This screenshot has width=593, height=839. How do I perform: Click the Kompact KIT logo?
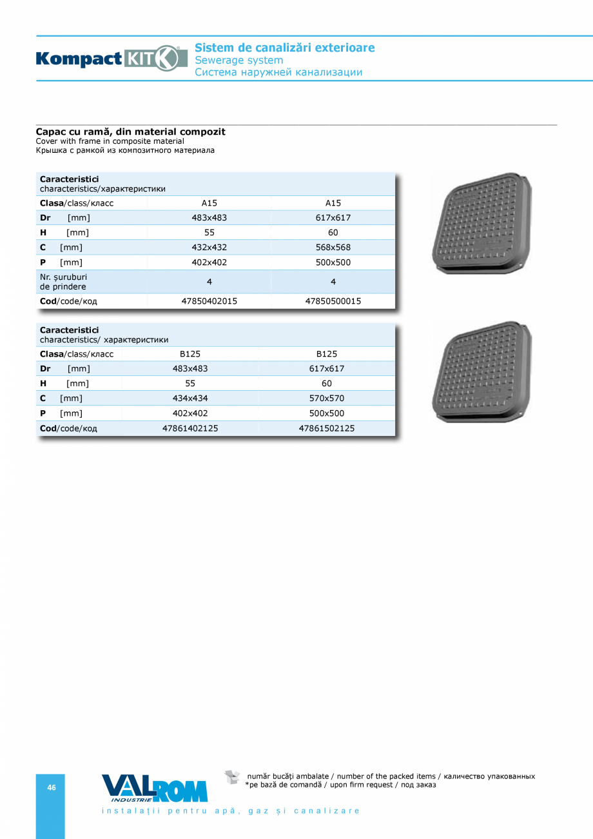(x=108, y=59)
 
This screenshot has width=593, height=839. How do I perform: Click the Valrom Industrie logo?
(x=155, y=788)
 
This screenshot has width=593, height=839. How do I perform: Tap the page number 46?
(x=52, y=787)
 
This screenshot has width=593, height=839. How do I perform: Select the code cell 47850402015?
(x=209, y=301)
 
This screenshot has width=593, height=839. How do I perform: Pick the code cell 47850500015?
(x=333, y=301)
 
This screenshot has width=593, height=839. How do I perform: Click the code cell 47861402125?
(x=190, y=428)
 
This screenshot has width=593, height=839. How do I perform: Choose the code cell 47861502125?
(x=327, y=428)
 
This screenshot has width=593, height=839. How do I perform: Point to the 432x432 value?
(x=209, y=247)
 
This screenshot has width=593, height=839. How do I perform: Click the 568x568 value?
(x=333, y=247)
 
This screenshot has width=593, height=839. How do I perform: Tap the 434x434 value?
(x=190, y=399)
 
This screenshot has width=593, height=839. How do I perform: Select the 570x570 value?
(x=327, y=399)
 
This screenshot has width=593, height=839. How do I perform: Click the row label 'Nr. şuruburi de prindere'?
(x=63, y=282)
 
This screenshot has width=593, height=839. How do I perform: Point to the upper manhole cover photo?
(x=483, y=222)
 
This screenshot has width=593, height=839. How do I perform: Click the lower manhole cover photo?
(x=483, y=372)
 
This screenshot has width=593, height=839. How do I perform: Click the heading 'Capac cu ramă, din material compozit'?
(x=130, y=132)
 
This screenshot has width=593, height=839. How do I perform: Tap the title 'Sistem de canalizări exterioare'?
(x=284, y=48)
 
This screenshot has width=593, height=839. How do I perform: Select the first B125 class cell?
(x=190, y=354)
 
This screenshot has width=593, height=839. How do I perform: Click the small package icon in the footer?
(x=232, y=777)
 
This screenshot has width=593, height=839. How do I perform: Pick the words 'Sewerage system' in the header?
(x=238, y=60)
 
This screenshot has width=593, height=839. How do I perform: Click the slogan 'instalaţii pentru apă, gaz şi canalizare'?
(x=231, y=811)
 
